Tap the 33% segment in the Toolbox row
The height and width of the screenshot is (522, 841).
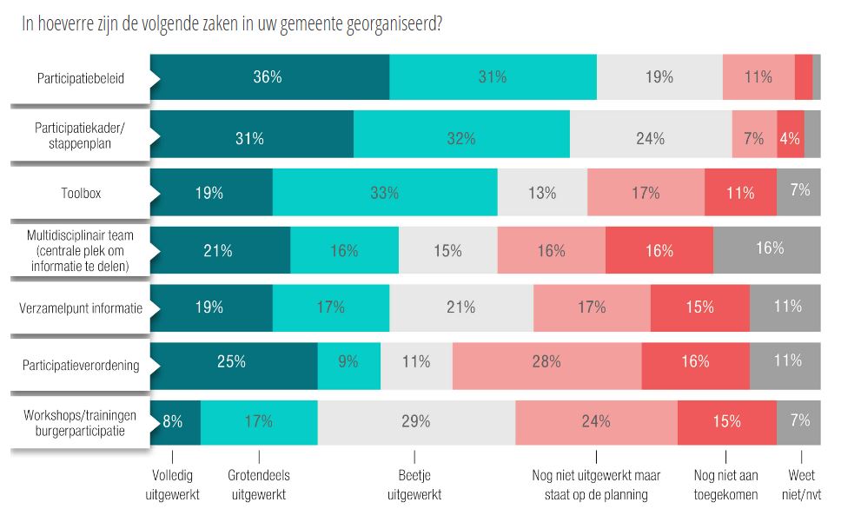pos(385,192)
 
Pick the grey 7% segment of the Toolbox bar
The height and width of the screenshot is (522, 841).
pos(799,192)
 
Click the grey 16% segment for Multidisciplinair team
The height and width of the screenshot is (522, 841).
pos(767,249)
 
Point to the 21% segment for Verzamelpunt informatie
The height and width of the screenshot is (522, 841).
pos(461,307)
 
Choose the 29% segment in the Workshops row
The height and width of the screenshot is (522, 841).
pos(416,421)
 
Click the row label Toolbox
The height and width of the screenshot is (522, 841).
pos(80,193)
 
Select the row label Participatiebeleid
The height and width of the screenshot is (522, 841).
pos(80,78)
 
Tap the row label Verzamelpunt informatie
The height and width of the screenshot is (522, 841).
pos(80,307)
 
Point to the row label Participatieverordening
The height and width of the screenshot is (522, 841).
pos(80,365)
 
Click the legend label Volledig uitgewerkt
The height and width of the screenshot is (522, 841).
pos(172,485)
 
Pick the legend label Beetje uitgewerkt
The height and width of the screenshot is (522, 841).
pos(414,485)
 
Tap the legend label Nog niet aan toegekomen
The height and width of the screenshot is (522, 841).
pos(726,485)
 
